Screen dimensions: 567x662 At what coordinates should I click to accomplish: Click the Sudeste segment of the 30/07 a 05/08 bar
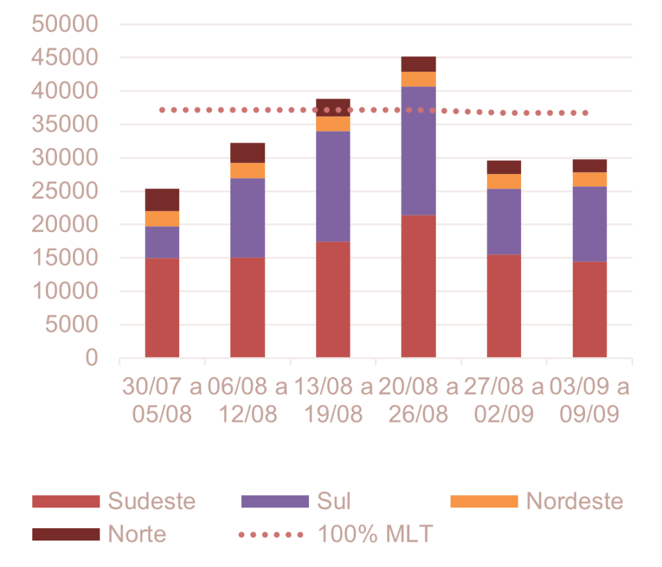click(x=162, y=308)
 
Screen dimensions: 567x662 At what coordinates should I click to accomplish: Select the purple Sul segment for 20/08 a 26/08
click(x=419, y=151)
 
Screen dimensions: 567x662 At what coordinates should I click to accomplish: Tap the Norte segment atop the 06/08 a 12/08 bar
click(x=248, y=153)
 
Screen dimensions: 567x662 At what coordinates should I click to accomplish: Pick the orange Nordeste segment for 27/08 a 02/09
click(x=504, y=182)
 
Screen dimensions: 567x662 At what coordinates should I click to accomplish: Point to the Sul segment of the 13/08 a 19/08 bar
click(x=333, y=186)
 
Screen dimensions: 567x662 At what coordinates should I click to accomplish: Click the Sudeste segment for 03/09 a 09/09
click(x=590, y=309)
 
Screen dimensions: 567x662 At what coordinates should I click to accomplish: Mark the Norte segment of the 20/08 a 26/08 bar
click(x=419, y=64)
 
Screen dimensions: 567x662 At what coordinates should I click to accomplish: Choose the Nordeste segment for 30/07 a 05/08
click(x=162, y=219)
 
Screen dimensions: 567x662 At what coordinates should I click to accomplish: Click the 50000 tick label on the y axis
click(x=65, y=25)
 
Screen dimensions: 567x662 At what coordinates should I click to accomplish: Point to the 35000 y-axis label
click(x=65, y=125)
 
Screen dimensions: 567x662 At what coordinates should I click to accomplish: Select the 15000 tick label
click(x=65, y=258)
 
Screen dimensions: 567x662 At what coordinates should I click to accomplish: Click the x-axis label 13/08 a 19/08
click(x=333, y=401)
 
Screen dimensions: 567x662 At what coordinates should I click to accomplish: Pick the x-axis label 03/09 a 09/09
click(x=589, y=401)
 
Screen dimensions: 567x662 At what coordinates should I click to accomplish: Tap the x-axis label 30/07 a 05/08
click(x=162, y=401)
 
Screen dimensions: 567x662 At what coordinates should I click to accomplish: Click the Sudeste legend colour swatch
click(x=66, y=502)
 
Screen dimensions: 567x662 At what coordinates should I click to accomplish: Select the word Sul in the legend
click(x=334, y=502)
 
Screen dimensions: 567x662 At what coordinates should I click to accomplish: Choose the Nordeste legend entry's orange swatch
click(x=484, y=502)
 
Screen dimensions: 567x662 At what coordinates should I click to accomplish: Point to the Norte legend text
click(x=137, y=535)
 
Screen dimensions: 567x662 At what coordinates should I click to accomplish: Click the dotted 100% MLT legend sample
click(x=271, y=535)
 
